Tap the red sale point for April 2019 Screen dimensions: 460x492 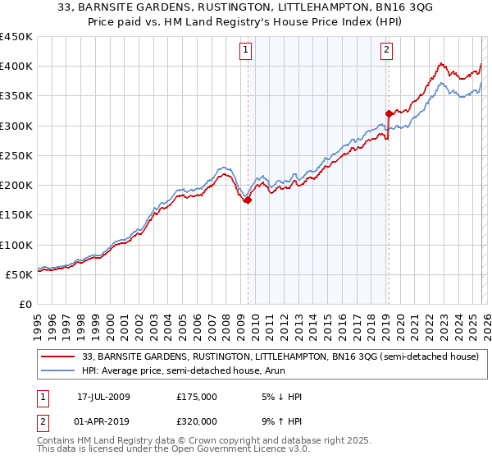pyautogui.click(x=388, y=113)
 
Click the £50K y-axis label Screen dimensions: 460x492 pyautogui.click(x=20, y=274)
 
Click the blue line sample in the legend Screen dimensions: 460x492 pyautogui.click(x=59, y=370)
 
